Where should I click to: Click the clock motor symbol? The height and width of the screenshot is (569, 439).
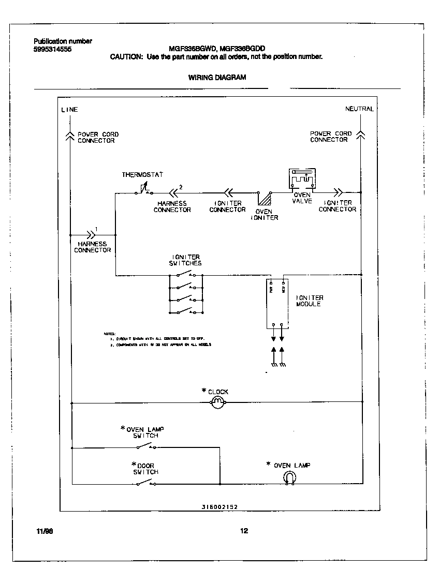point(217,402)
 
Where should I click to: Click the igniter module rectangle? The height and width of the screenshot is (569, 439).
point(277,303)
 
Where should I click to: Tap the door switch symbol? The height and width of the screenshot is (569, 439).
point(145,483)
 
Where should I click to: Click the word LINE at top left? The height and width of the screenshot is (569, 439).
point(69,110)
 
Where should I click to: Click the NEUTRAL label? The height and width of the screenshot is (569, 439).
point(359,109)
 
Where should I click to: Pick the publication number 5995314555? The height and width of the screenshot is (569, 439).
point(49,49)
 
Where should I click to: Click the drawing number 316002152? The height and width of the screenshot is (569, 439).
point(220,507)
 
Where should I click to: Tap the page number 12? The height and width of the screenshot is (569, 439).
point(244,530)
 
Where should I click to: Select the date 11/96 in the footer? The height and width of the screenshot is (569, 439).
point(45,531)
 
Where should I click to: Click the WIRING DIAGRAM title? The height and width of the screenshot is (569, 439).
point(217,77)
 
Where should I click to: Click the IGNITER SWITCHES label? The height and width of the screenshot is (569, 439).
point(185,260)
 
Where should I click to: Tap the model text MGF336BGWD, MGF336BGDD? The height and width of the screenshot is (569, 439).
point(217,49)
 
